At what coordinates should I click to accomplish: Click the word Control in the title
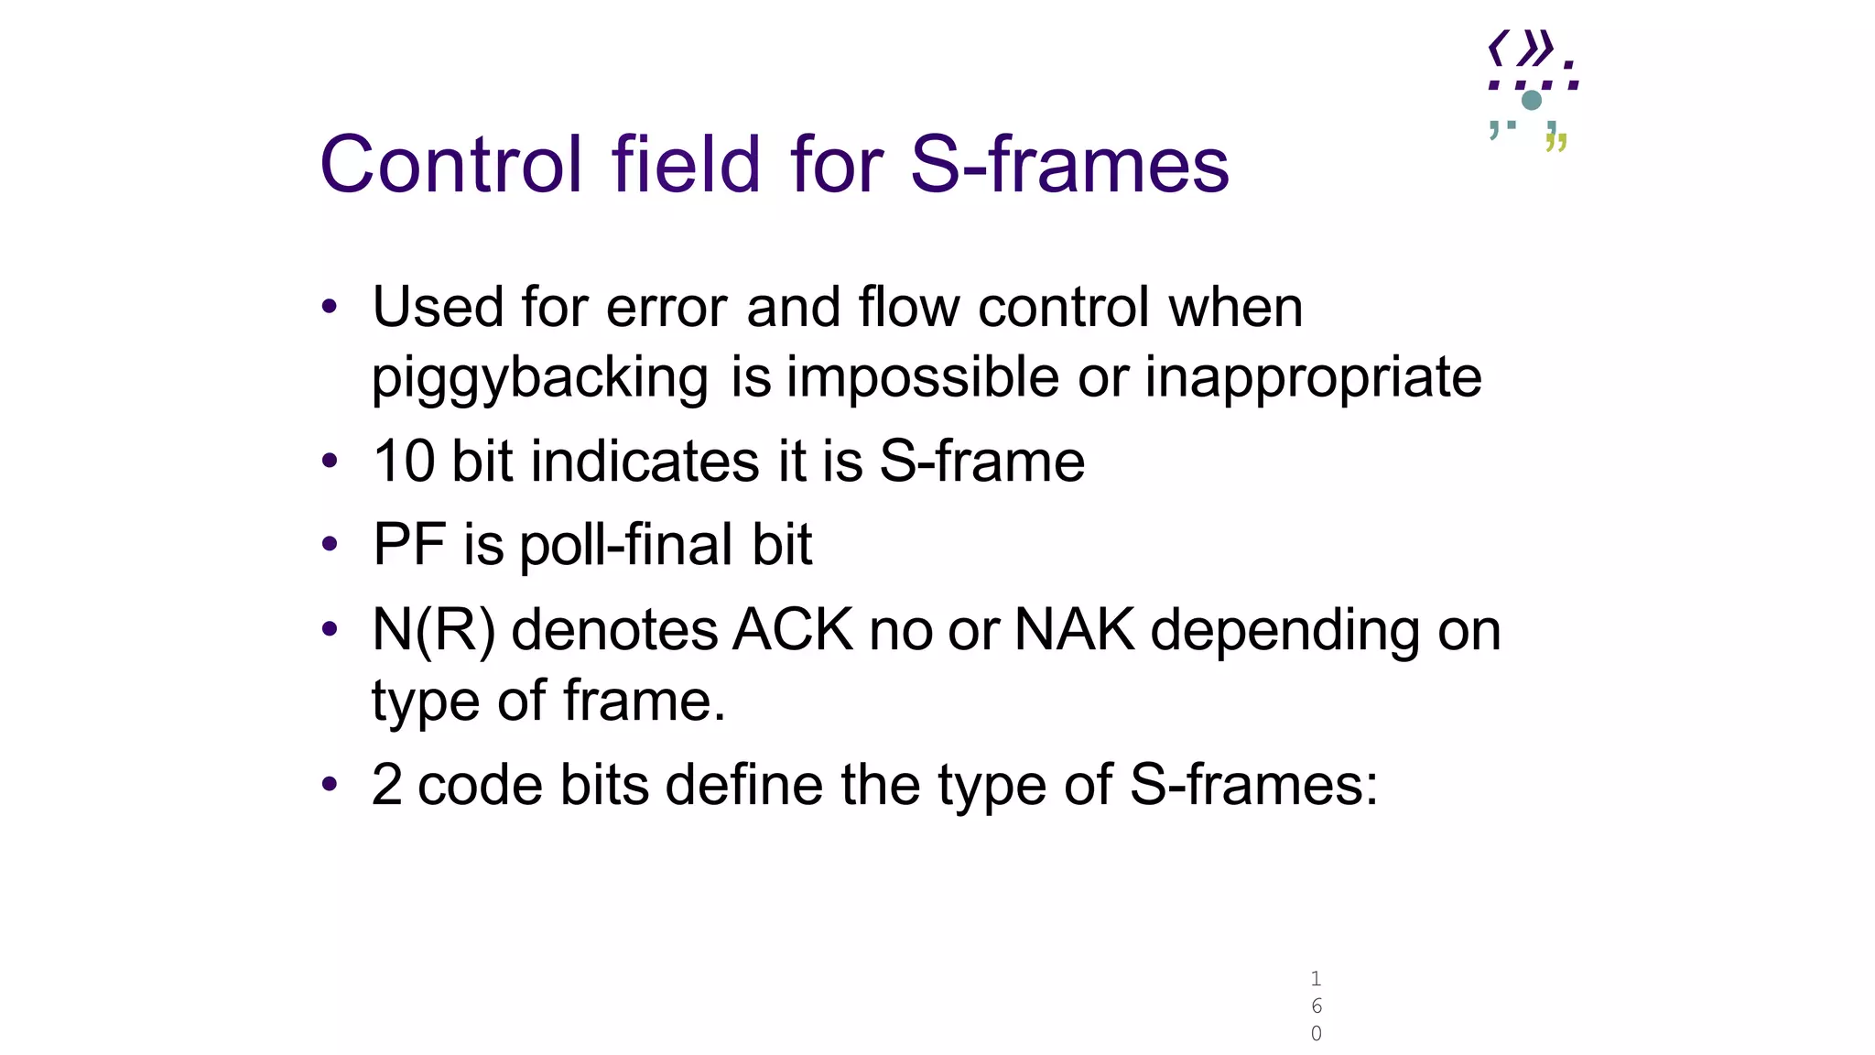tap(450, 165)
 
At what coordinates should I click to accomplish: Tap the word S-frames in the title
tap(1068, 165)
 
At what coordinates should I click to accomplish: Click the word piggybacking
tap(539, 378)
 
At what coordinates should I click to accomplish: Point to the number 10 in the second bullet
tap(403, 461)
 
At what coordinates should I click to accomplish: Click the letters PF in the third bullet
tap(409, 545)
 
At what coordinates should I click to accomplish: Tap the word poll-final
tap(626, 545)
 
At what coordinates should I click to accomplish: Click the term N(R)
tap(434, 631)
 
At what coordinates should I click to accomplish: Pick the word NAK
tap(1075, 631)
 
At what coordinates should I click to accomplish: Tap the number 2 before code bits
tap(386, 785)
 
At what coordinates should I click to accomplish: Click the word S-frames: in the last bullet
tap(1253, 785)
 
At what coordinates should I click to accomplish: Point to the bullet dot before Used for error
tap(330, 307)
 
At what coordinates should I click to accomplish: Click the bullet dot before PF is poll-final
tap(330, 545)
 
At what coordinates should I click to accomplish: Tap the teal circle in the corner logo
tap(1531, 100)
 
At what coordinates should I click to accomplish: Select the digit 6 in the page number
tap(1316, 1006)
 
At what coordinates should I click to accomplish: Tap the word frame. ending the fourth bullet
tap(644, 702)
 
